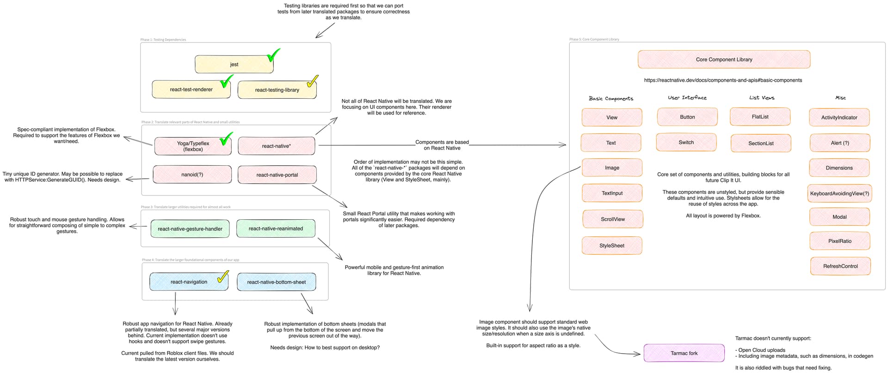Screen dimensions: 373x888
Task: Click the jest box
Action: coord(234,65)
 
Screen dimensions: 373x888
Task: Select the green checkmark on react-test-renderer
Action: coord(226,82)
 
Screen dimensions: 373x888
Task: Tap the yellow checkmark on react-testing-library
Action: coord(312,81)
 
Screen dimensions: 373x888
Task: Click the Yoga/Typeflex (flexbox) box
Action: coord(193,146)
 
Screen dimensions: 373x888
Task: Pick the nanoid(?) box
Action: coord(192,174)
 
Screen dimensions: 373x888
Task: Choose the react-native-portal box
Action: coord(277,175)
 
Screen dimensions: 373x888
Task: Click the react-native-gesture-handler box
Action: coord(190,229)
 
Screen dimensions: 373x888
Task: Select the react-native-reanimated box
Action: coord(276,229)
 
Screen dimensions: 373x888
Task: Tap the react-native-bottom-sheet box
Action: coord(276,282)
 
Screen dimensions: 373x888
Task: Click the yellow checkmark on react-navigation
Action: coord(223,277)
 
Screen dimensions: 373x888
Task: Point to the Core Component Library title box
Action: coord(724,60)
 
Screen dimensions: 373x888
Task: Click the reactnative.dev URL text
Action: coord(723,80)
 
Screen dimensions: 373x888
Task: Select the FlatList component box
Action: coord(760,117)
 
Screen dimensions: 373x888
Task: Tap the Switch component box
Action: coord(686,142)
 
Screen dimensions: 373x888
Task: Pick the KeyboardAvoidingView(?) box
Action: coord(839,193)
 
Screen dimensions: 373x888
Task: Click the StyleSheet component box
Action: coord(611,246)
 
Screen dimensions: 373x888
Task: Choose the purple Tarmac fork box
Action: coord(684,353)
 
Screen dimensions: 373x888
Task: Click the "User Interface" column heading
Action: coord(687,98)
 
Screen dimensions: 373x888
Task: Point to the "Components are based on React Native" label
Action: coord(442,145)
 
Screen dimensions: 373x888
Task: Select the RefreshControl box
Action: coord(840,266)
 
